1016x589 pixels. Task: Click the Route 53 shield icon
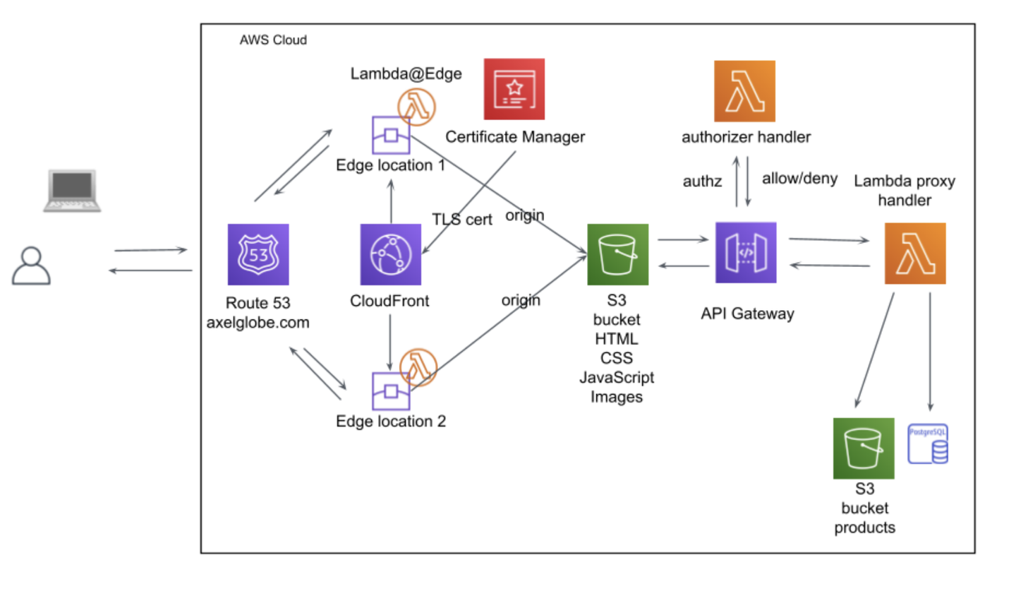[258, 254]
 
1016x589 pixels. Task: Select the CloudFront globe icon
[390, 254]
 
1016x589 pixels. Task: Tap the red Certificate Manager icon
[514, 89]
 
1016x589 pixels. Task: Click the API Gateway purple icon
[746, 252]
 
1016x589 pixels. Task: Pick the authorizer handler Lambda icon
[744, 91]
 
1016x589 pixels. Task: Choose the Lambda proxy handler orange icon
[915, 254]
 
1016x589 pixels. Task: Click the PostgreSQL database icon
[929, 444]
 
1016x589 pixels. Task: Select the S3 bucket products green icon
[864, 448]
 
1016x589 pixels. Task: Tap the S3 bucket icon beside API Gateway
[617, 254]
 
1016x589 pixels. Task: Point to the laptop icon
[71, 191]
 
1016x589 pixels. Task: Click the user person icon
[31, 265]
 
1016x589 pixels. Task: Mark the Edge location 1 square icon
[391, 134]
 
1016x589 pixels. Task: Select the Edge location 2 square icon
[391, 391]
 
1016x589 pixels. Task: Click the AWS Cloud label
[273, 40]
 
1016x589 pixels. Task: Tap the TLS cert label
[462, 219]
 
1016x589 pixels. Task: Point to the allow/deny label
[799, 178]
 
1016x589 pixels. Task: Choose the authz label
[702, 181]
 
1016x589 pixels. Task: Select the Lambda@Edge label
[406, 74]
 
